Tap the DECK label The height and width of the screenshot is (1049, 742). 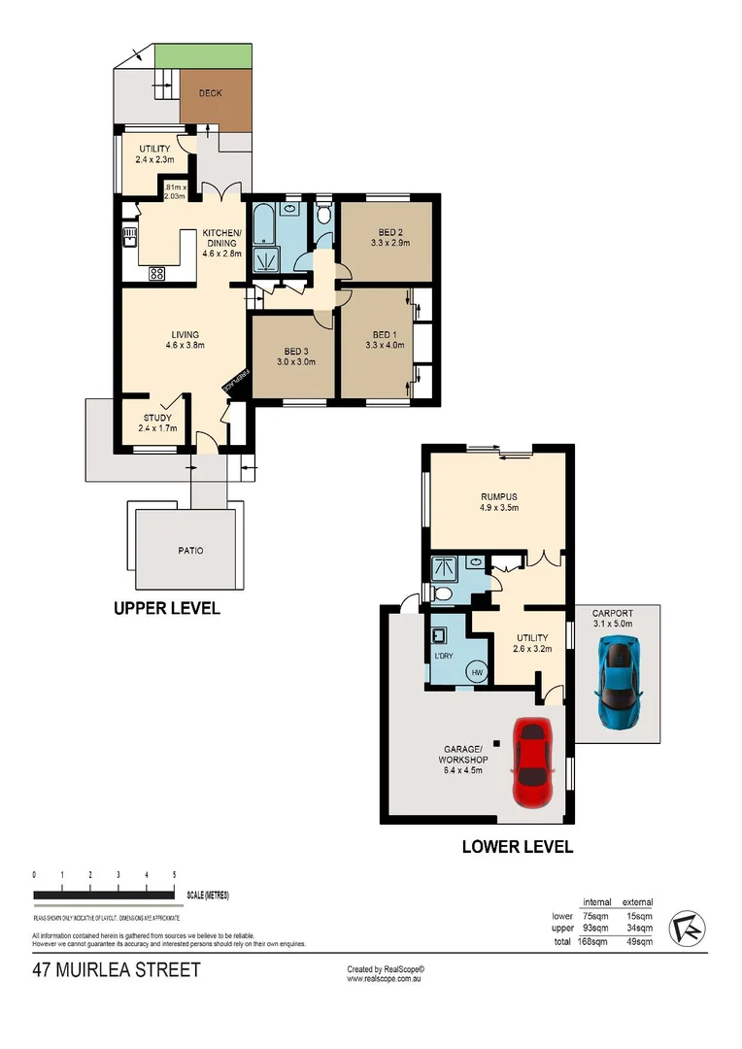click(x=211, y=94)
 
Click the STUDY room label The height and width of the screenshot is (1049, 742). click(x=157, y=419)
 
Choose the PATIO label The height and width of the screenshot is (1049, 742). click(x=191, y=550)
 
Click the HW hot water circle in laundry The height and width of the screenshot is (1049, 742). click(x=478, y=671)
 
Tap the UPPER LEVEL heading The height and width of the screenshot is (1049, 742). click(x=166, y=609)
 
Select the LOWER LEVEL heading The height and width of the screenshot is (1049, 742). click(x=517, y=846)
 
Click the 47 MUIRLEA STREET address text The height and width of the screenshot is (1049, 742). click(x=116, y=969)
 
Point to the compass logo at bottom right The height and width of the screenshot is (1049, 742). click(x=690, y=926)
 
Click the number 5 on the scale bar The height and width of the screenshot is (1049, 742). click(x=174, y=875)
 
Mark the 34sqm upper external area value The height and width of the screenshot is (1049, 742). click(x=637, y=928)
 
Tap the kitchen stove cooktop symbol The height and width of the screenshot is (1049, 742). click(x=155, y=274)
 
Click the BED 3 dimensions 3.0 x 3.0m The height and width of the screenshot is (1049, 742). click(x=296, y=361)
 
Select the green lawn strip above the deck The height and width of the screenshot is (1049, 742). click(x=205, y=57)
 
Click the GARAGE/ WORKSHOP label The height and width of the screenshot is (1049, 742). click(x=463, y=755)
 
